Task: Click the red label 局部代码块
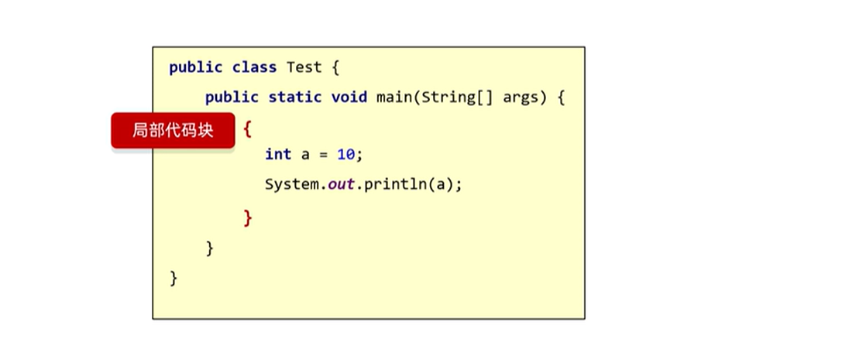coord(172,130)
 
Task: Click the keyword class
coord(254,67)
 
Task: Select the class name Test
coord(304,67)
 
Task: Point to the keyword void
coord(349,98)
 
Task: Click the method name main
coord(394,98)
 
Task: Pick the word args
coord(521,98)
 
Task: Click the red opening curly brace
coord(247,128)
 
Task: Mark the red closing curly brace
coord(248,218)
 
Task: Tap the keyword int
coord(278,154)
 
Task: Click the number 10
coord(345,154)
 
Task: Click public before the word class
coord(196,67)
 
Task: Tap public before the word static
coord(232,98)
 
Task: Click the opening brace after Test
coord(335,67)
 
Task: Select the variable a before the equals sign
coord(305,155)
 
